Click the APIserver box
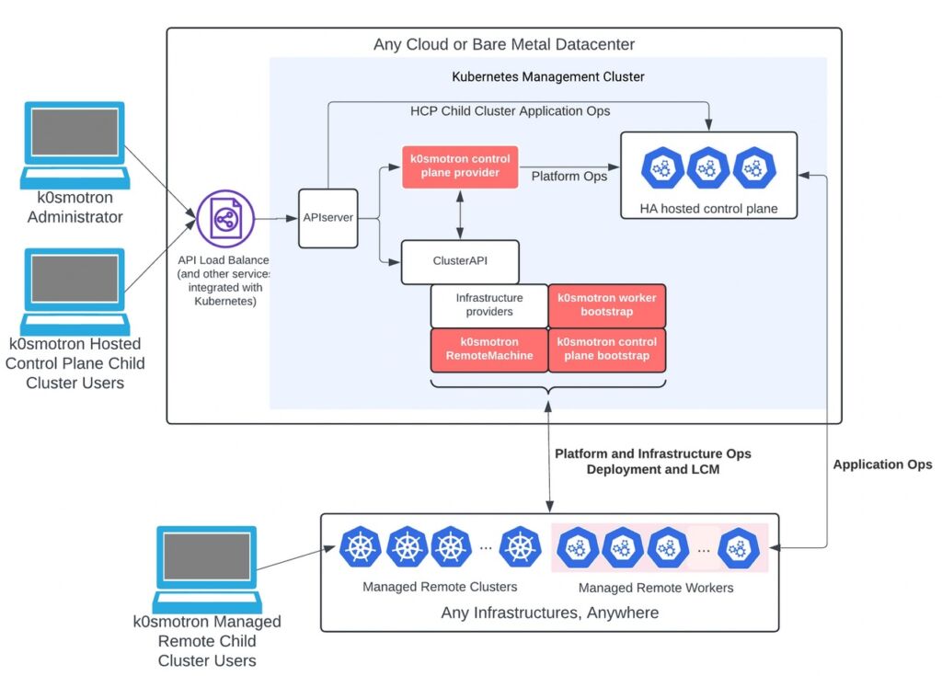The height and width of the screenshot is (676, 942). pos(327,218)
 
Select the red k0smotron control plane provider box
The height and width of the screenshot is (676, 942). pos(460,166)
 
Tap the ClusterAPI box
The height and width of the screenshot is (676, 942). pos(460,261)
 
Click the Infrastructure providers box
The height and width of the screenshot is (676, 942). pos(488,305)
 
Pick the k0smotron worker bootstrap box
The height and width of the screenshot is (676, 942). pos(606,305)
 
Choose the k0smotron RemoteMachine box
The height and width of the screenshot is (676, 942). pos(488,349)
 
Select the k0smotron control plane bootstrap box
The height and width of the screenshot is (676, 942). pos(606,349)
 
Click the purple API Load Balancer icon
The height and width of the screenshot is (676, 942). pos(224,218)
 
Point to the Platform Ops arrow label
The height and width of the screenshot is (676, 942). pos(569,176)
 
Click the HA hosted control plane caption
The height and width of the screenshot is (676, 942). pos(708,209)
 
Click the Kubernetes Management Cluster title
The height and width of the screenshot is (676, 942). pos(547,76)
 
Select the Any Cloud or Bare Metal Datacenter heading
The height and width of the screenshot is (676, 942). pos(503,44)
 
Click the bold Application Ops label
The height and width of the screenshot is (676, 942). pos(881,464)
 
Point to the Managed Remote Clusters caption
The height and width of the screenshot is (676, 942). pos(440,587)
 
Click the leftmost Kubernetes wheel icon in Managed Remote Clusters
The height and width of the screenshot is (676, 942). pos(362,547)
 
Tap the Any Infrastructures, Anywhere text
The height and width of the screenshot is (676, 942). pos(549,613)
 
